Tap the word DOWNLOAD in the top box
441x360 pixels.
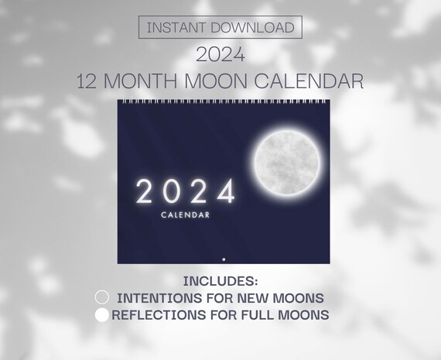click(x=252, y=27)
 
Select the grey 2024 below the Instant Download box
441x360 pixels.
click(x=220, y=54)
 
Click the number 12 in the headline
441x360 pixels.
click(x=87, y=81)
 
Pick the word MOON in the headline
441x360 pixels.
click(x=216, y=81)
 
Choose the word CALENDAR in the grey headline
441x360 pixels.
click(x=309, y=81)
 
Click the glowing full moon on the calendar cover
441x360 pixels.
click(x=287, y=163)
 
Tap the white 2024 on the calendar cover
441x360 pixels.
click(x=186, y=191)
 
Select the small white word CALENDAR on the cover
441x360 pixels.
click(x=186, y=215)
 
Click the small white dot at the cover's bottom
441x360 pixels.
click(x=224, y=259)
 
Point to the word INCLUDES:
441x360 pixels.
click(x=220, y=281)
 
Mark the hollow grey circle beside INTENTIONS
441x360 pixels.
click(x=102, y=297)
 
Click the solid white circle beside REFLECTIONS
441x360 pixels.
click(x=102, y=315)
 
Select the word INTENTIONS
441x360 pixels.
click(x=159, y=298)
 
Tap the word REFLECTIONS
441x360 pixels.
click(x=159, y=315)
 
